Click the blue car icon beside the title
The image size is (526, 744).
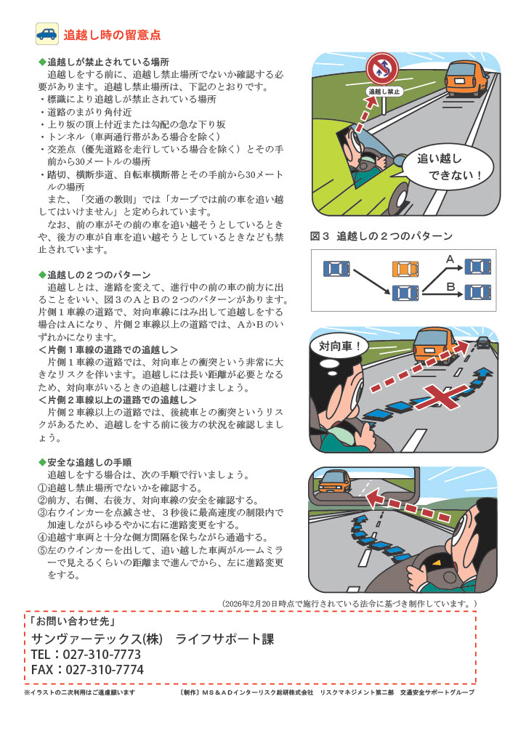tap(47, 34)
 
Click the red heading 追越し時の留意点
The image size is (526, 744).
tap(112, 35)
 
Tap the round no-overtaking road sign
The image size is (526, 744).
tap(384, 68)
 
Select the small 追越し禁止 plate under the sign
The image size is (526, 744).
tap(384, 91)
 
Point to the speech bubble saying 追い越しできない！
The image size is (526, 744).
tap(448, 167)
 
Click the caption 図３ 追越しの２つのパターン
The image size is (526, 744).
tap(381, 236)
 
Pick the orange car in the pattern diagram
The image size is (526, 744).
tap(405, 269)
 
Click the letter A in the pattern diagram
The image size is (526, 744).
tap(450, 259)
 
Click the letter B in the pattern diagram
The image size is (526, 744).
tap(450, 286)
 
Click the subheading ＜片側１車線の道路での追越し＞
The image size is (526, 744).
tap(108, 349)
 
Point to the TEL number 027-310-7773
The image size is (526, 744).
tap(102, 655)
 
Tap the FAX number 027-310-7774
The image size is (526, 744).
tap(105, 669)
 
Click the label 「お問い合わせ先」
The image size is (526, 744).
tap(72, 620)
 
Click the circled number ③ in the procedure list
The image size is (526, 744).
tap(43, 512)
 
